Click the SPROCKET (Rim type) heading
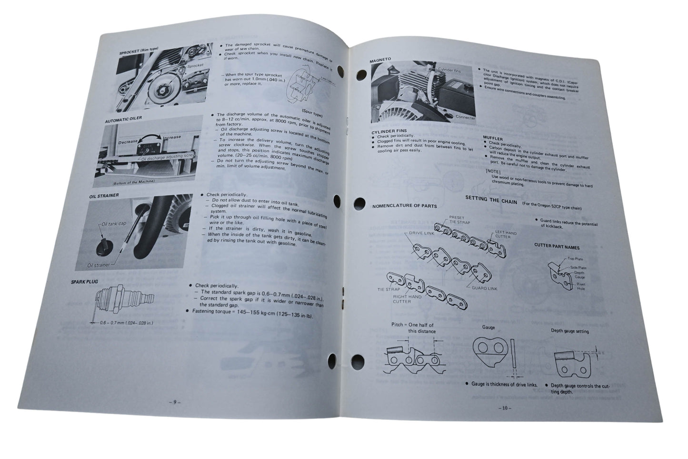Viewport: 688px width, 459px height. (139, 50)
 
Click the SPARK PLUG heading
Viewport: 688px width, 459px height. (84, 282)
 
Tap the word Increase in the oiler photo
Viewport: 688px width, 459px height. (171, 137)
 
